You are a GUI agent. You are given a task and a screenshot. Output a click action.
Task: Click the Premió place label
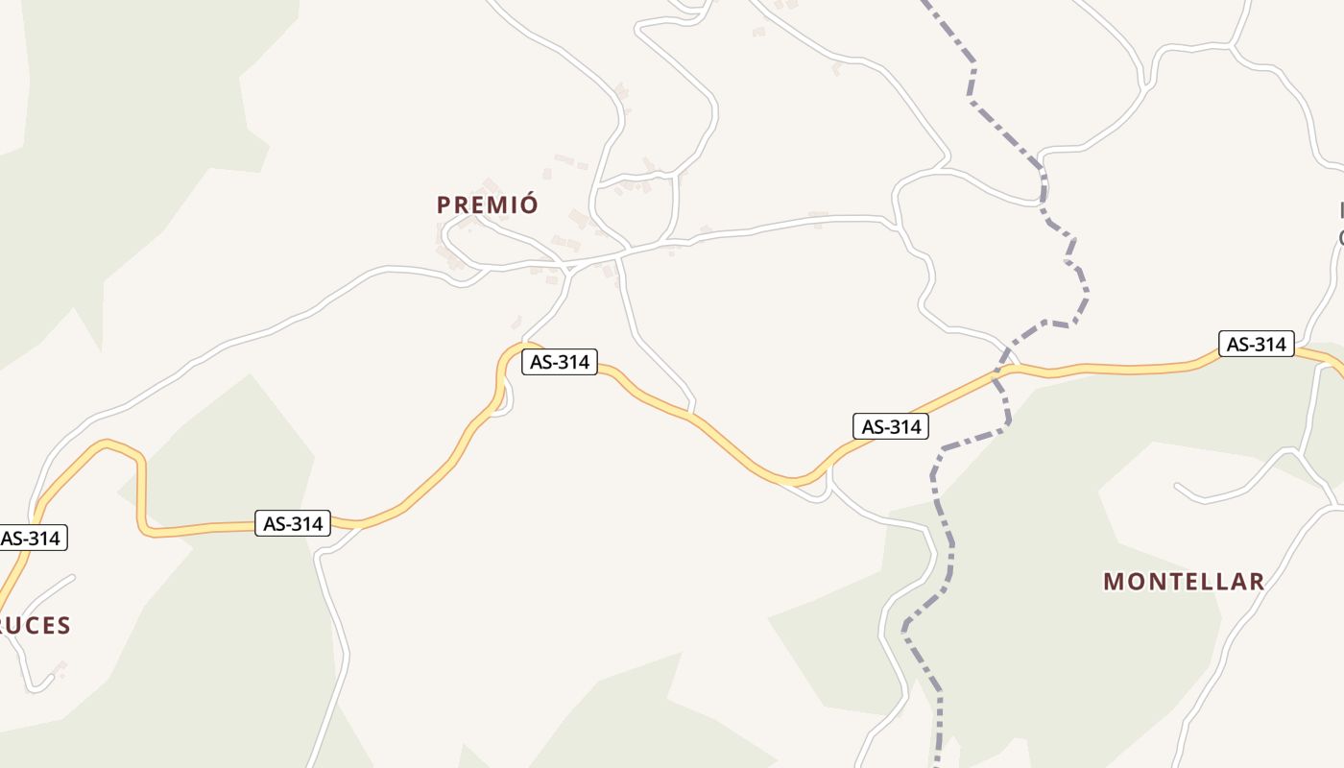[487, 204]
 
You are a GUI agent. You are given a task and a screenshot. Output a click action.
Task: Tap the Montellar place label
[1183, 581]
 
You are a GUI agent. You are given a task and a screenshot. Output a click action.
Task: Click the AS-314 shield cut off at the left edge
[31, 538]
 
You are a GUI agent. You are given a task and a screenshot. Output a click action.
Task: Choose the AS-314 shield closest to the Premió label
[560, 362]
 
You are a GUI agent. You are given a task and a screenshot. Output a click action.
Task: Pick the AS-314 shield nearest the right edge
[1256, 344]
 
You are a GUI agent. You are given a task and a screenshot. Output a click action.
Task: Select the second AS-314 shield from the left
[293, 523]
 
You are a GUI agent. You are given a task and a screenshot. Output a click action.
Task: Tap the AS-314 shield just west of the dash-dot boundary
[891, 426]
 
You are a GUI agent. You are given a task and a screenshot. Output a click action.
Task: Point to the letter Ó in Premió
[530, 204]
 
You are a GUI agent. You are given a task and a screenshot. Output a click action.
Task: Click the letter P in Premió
[444, 204]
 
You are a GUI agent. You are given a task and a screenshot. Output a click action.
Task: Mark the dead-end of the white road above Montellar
[1179, 487]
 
